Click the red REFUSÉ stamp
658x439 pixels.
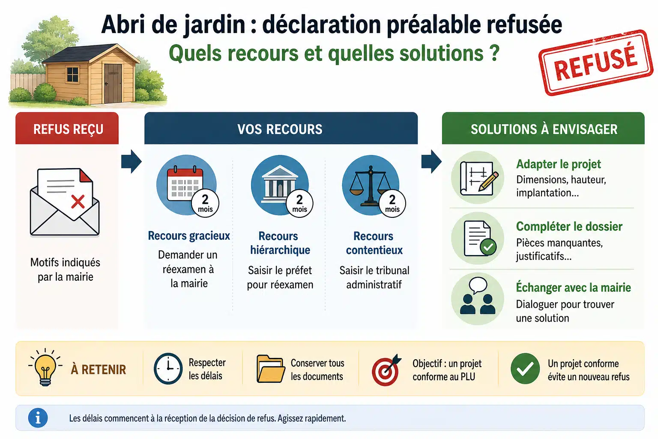tap(596, 63)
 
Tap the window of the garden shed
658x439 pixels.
tap(72, 75)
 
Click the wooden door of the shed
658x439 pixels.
tap(113, 83)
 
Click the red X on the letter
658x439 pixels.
tap(78, 202)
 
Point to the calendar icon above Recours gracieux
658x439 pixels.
tap(185, 183)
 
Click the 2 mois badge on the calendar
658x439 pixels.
tap(205, 203)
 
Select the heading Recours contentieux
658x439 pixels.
tap(374, 243)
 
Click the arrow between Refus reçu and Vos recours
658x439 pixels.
tap(132, 162)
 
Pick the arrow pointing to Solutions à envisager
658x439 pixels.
tap(431, 162)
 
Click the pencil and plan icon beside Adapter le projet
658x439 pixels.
tap(478, 177)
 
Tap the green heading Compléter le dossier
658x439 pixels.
tap(569, 226)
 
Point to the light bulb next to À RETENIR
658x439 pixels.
tap(45, 367)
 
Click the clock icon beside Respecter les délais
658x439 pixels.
tap(168, 368)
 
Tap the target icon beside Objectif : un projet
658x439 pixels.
tap(386, 370)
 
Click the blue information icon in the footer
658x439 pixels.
tap(38, 418)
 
